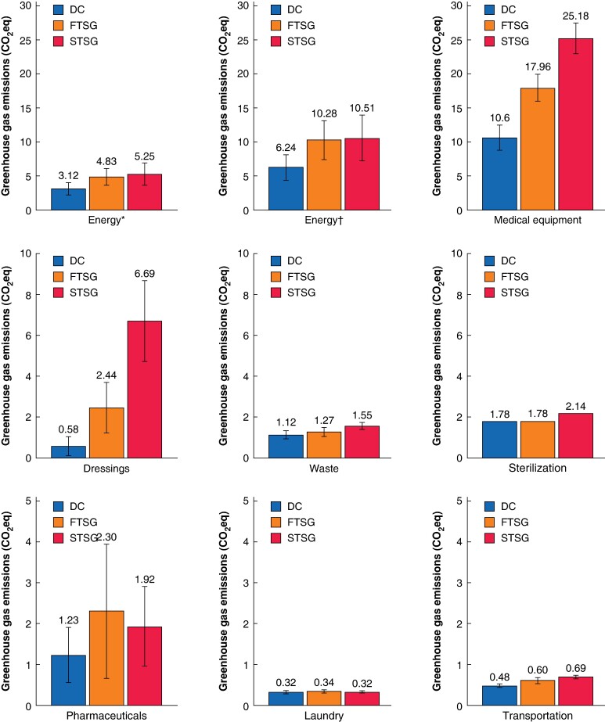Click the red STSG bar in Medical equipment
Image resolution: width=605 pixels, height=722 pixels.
[575, 124]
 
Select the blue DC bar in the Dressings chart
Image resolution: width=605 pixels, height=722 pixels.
[68, 451]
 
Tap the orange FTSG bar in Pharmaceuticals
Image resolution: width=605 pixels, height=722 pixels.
[106, 659]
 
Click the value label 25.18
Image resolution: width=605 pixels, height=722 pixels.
[575, 16]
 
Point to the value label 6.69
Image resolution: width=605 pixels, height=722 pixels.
[145, 274]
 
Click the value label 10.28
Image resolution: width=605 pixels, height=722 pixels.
[324, 113]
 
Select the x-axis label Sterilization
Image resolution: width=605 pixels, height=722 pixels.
[537, 468]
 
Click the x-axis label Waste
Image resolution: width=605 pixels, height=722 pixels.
[324, 469]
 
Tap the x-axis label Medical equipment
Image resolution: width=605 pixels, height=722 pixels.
[537, 220]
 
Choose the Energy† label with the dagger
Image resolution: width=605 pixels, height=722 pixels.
[324, 220]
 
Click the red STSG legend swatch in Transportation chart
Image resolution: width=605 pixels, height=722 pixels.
[489, 538]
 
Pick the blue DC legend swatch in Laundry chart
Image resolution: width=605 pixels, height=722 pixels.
[275, 507]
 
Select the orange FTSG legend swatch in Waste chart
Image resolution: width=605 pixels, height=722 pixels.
[275, 277]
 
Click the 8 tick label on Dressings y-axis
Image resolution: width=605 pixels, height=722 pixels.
[29, 295]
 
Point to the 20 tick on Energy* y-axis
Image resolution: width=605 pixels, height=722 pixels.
[26, 74]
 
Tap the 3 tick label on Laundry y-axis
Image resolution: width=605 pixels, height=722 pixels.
[246, 583]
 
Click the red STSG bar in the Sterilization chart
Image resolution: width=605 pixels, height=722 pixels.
[575, 436]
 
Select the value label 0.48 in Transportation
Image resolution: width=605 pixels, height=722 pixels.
[499, 677]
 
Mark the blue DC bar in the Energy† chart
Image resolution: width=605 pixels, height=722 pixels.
[286, 189]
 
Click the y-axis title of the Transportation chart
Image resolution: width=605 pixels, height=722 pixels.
[437, 602]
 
